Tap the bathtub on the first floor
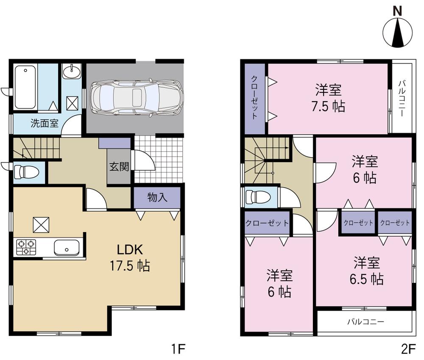point(25,87)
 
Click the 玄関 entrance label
point(119,166)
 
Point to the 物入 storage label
point(157,197)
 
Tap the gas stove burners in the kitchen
point(26,247)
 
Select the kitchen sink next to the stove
point(66,247)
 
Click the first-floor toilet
point(26,172)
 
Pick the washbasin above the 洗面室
point(72,71)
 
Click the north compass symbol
point(398,32)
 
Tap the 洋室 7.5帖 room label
point(329,98)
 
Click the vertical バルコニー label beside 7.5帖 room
point(401,98)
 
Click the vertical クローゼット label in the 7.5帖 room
point(254,98)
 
